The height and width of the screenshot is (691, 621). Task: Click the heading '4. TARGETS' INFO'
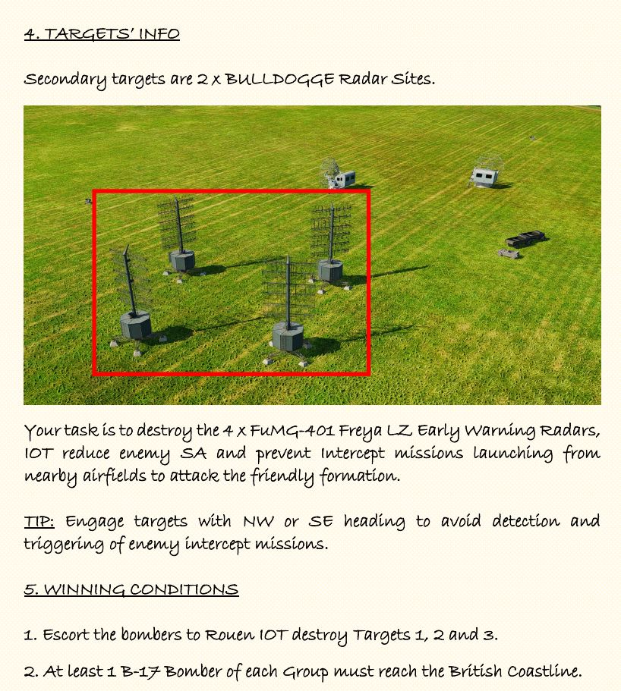[x=102, y=34]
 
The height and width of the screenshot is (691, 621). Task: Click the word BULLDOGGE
[x=279, y=80]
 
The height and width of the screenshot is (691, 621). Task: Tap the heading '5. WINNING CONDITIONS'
[x=131, y=589]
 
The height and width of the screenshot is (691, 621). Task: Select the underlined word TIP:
[x=39, y=521]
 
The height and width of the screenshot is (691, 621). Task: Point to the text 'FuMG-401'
[x=292, y=430]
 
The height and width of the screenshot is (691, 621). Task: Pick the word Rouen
[x=230, y=635]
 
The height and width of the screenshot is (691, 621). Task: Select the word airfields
[x=115, y=476]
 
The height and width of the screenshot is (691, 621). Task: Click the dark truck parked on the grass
[x=525, y=239]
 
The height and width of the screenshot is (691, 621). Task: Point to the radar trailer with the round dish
[x=337, y=174]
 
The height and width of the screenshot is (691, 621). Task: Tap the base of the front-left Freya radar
[x=136, y=325]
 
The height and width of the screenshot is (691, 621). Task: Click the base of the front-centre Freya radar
[x=288, y=336]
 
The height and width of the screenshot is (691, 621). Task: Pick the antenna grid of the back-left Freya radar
[x=176, y=224]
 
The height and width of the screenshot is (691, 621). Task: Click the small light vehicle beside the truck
[x=509, y=253]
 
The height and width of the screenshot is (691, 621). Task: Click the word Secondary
[x=65, y=80]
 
